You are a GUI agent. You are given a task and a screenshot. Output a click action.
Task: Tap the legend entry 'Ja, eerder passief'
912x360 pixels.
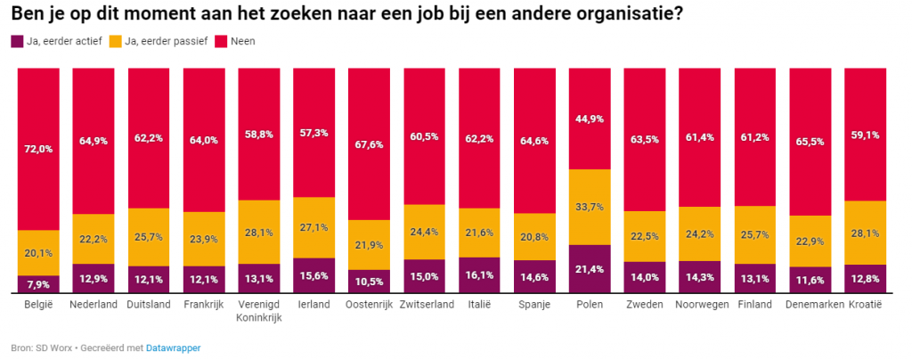click(x=161, y=41)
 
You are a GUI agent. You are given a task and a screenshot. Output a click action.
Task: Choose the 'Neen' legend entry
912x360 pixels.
click(x=241, y=41)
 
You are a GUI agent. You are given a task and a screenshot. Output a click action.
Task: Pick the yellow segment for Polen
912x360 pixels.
click(x=590, y=207)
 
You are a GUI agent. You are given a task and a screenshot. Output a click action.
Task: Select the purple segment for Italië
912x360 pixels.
click(x=479, y=276)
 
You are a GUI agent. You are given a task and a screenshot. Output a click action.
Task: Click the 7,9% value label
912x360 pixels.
click(x=39, y=285)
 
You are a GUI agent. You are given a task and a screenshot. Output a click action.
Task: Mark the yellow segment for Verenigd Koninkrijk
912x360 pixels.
click(x=258, y=232)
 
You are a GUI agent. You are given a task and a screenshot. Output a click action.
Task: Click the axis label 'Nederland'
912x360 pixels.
click(x=94, y=306)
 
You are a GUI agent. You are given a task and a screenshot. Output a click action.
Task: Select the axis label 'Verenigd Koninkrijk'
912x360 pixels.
click(x=258, y=312)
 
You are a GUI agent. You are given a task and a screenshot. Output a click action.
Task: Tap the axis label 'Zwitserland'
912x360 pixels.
click(x=424, y=306)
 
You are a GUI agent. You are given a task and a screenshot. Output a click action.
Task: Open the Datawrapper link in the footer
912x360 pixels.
click(x=174, y=348)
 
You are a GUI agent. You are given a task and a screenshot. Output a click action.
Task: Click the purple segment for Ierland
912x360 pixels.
click(x=313, y=276)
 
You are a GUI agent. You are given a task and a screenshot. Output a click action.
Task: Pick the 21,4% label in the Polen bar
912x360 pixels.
click(x=590, y=270)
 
